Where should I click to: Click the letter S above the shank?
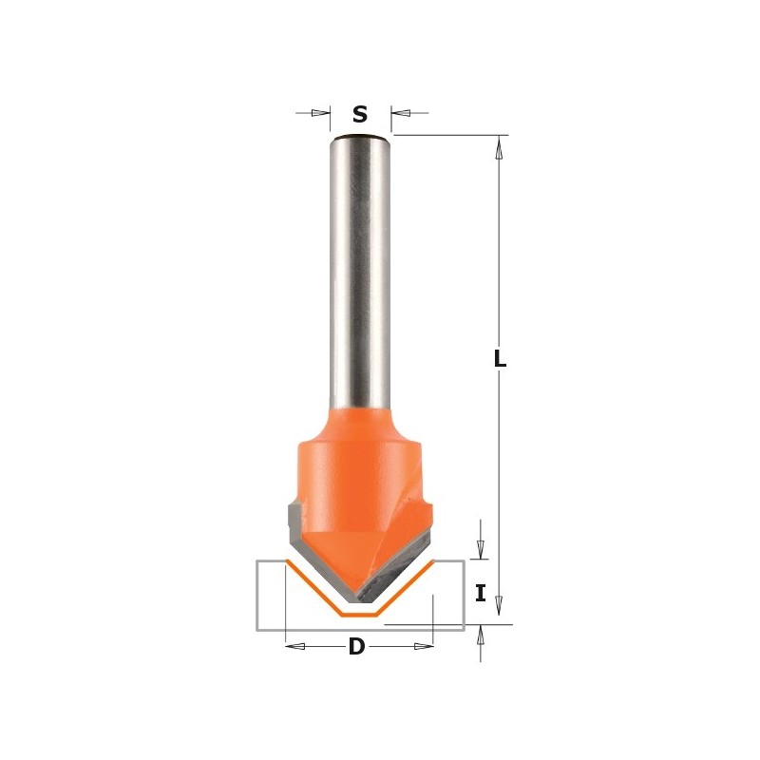pos(360,115)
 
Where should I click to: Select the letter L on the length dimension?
pos(501,359)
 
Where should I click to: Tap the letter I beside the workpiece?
pos(481,594)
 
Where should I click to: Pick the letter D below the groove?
pos(356,647)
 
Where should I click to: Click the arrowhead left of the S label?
pos(321,113)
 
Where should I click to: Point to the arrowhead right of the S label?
pos(400,113)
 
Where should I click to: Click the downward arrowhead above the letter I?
pos(481,548)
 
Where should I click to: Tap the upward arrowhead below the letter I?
pos(481,636)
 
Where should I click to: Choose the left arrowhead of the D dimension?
pos(295,647)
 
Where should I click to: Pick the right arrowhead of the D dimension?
pos(424,647)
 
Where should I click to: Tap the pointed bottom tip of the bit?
pos(358,598)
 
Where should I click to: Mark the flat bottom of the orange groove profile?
pos(359,615)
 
